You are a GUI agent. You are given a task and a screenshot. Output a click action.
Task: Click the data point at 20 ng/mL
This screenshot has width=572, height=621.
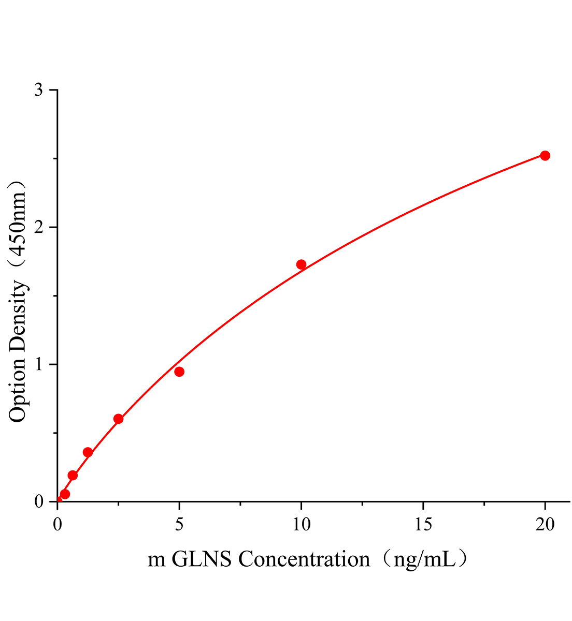pos(545,156)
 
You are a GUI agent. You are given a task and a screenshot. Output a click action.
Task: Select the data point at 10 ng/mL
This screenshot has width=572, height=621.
pos(301,264)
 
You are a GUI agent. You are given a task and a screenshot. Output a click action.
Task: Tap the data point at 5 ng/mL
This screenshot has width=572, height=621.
pos(179,372)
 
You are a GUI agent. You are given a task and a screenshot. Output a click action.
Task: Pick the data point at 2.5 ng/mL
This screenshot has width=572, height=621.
pos(118,419)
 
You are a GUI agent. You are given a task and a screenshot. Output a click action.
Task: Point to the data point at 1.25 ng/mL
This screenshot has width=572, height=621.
pos(88,452)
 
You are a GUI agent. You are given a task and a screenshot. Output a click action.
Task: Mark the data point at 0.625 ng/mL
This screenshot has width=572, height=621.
pos(73,475)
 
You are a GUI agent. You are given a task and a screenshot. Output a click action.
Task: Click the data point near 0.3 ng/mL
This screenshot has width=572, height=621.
pos(65,494)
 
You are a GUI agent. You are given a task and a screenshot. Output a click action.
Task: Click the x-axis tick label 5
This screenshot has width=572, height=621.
pos(179,525)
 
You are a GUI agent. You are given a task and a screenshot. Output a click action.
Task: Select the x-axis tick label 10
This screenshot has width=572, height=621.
pos(301,525)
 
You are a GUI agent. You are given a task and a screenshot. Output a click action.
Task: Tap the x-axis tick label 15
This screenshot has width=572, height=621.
pos(423,525)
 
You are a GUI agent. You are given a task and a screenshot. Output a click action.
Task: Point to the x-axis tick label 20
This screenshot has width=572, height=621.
pos(545,525)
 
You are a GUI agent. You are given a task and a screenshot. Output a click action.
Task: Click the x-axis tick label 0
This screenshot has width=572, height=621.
pos(58,525)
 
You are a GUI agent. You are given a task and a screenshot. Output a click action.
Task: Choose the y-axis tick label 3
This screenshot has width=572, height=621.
pos(38,91)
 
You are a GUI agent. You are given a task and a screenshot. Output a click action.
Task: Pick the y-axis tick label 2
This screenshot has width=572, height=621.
pos(38,228)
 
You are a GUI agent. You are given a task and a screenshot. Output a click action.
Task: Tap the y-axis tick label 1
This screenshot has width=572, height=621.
pos(38,365)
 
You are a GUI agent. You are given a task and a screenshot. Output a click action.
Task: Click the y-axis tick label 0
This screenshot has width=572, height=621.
pos(38,502)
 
